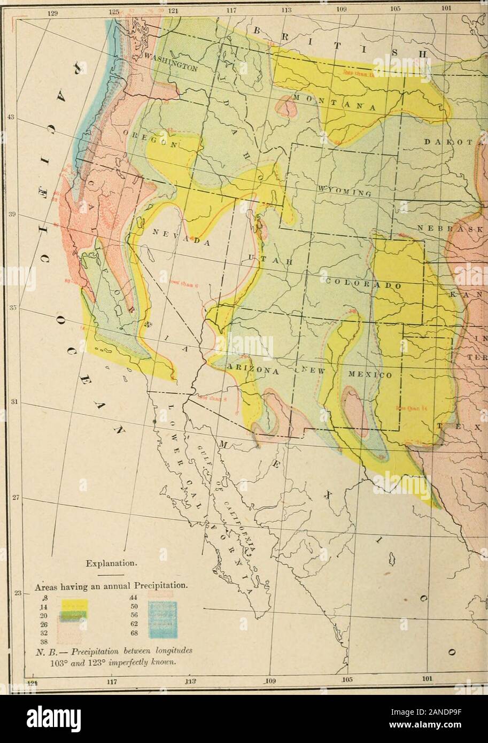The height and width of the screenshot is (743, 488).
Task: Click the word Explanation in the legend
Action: pyautogui.click(x=115, y=563)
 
